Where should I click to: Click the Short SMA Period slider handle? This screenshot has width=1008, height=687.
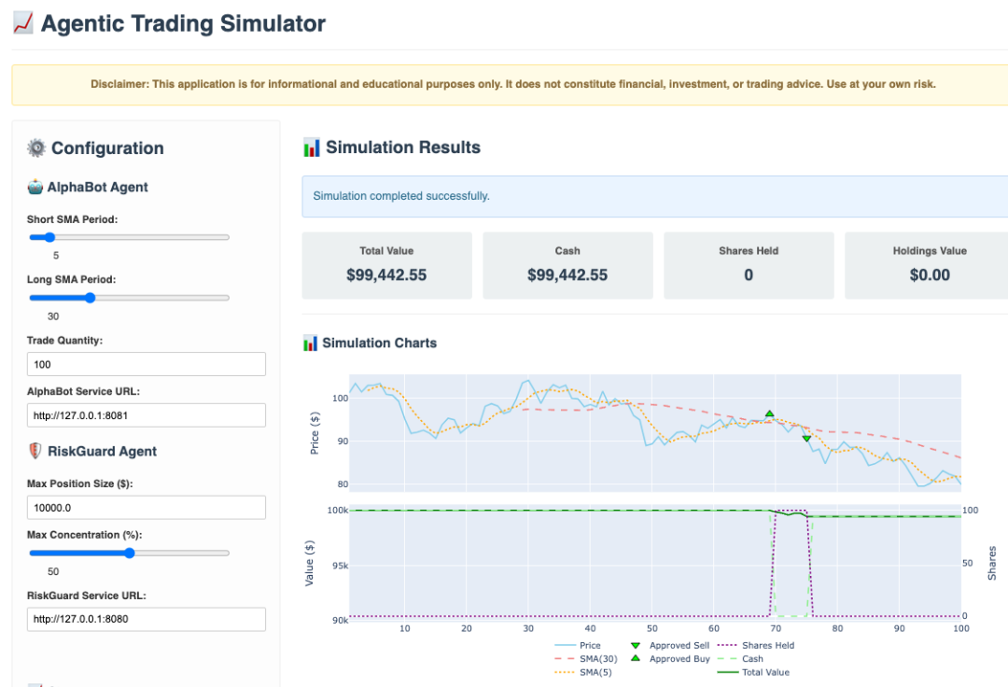tap(49, 237)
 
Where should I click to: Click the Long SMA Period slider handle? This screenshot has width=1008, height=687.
tap(90, 298)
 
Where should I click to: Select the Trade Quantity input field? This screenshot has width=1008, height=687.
tap(147, 364)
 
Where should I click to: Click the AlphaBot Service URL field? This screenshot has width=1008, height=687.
tap(147, 414)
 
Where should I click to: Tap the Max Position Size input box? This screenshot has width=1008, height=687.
tap(147, 507)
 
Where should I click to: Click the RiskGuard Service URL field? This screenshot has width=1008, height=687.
tap(147, 619)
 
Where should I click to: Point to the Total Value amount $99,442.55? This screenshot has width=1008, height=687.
tap(386, 274)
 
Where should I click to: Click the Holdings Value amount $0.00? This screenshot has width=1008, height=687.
tap(930, 274)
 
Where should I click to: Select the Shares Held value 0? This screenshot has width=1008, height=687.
tap(749, 274)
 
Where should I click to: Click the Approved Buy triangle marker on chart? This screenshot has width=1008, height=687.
tap(770, 414)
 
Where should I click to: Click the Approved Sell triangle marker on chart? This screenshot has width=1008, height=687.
tap(806, 438)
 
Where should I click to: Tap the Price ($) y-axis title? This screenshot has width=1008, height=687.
tap(315, 433)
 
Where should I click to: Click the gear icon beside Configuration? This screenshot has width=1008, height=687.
tap(36, 147)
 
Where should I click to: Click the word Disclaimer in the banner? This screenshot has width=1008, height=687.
tap(119, 84)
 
